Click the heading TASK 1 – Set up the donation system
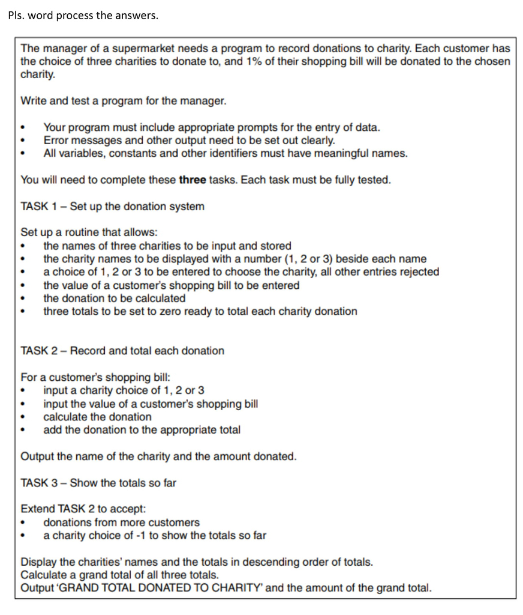(x=112, y=207)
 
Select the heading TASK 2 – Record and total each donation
(x=122, y=351)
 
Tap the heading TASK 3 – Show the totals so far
(x=98, y=483)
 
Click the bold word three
(x=192, y=180)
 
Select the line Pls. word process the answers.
(x=83, y=15)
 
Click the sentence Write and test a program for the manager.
(x=124, y=101)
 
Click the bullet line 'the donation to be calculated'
(x=114, y=298)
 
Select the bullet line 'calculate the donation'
(x=97, y=417)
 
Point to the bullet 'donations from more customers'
(x=121, y=523)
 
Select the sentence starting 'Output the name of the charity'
(x=158, y=456)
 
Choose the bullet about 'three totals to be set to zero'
(x=200, y=311)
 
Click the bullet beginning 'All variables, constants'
(x=225, y=153)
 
